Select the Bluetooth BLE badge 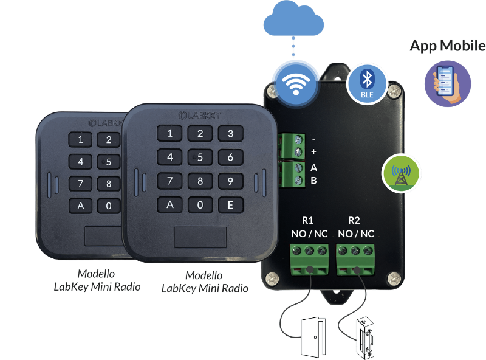366,83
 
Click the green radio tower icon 401,172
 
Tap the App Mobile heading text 448,46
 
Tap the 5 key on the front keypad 200,157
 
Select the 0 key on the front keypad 200,204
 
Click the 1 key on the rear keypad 81,140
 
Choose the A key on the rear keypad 81,205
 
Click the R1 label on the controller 307,220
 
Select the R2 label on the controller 355,220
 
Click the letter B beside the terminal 313,181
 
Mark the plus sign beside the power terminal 313,151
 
